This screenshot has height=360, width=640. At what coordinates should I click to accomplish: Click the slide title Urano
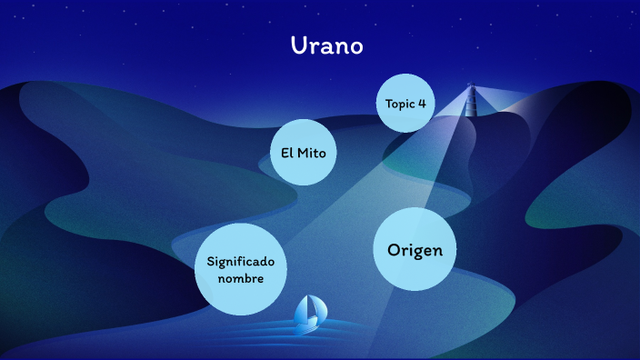pyautogui.click(x=326, y=46)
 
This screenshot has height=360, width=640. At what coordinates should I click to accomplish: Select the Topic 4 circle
pyautogui.click(x=405, y=103)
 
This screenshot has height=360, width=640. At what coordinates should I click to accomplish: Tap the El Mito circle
pyautogui.click(x=303, y=152)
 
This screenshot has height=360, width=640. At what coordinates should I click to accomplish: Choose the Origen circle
pyautogui.click(x=415, y=250)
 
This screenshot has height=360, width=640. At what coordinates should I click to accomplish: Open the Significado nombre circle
pyautogui.click(x=240, y=269)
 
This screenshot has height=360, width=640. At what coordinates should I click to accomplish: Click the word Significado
pyautogui.click(x=240, y=261)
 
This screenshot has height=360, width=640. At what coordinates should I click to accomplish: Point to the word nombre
pyautogui.click(x=240, y=278)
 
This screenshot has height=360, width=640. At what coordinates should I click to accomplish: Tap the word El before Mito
pyautogui.click(x=286, y=153)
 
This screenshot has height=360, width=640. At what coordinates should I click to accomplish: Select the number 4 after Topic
pyautogui.click(x=422, y=104)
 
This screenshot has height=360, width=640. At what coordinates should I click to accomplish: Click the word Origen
pyautogui.click(x=415, y=250)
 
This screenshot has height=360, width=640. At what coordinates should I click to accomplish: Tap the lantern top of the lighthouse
pyautogui.click(x=471, y=88)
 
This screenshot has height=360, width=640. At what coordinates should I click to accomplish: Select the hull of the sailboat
pyautogui.click(x=308, y=324)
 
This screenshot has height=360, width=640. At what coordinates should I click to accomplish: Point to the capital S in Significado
pyautogui.click(x=211, y=261)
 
